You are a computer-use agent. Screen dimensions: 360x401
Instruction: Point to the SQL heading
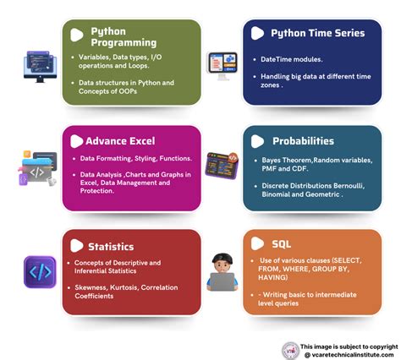point(281,244)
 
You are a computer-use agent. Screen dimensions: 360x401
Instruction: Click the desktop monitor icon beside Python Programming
point(40,65)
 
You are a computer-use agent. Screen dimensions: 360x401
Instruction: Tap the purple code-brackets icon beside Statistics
point(40,272)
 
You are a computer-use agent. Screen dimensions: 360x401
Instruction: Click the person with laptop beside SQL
point(222,271)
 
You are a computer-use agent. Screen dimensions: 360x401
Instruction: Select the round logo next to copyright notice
point(291,351)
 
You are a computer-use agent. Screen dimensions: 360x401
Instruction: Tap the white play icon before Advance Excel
point(78,140)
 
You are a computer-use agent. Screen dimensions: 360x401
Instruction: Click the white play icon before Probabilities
point(255,140)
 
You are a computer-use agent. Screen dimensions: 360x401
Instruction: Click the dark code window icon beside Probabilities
point(222,165)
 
